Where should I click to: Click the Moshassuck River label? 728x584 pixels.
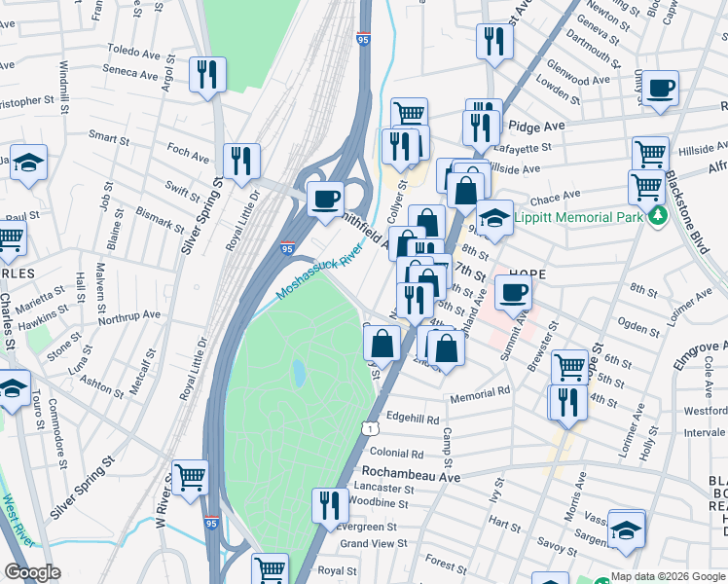319,274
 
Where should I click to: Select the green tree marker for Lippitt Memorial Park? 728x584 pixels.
658,215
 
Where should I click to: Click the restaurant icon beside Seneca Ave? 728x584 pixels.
208,74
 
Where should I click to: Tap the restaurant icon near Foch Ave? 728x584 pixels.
240,161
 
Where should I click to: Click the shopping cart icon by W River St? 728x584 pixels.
190,477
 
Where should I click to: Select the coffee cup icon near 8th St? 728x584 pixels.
513,291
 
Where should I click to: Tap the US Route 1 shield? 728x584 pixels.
370,428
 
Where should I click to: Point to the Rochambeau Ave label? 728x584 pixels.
417,477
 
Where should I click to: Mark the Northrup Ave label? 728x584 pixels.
128,315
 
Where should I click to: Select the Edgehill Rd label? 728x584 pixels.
413,419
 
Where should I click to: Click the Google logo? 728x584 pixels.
32,572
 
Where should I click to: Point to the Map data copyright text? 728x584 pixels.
668,576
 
